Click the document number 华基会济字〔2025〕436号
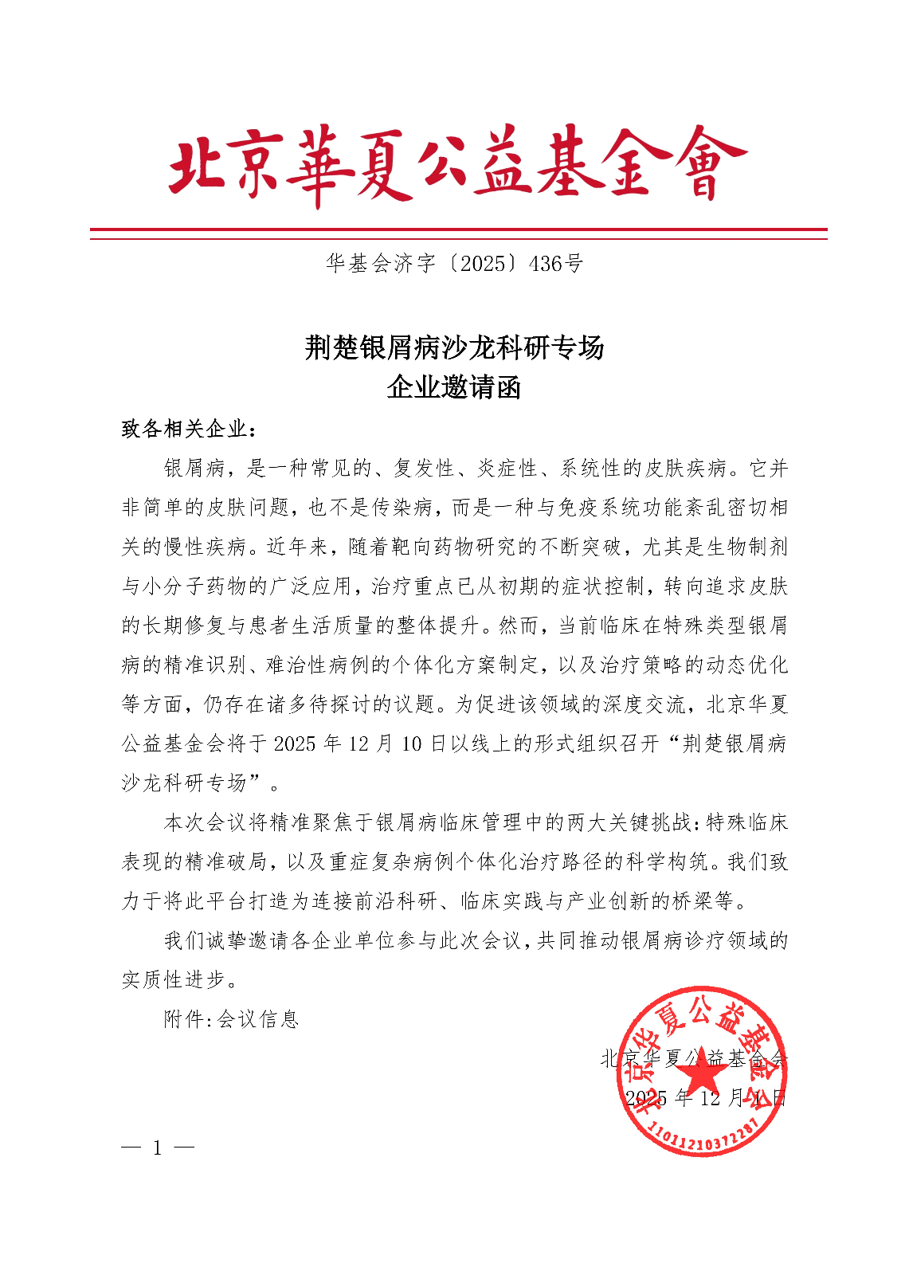pyautogui.click(x=454, y=263)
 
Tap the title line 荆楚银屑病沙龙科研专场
pyautogui.click(x=454, y=347)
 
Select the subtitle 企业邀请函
pyautogui.click(x=454, y=388)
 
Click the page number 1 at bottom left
pyautogui.click(x=158, y=1148)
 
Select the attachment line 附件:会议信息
pyautogui.click(x=231, y=1019)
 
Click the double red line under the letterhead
pyautogui.click(x=458, y=233)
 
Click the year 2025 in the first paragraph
pyautogui.click(x=295, y=744)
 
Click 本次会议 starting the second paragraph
pyautogui.click(x=206, y=822)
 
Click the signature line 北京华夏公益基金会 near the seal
pyautogui.click(x=693, y=1058)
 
